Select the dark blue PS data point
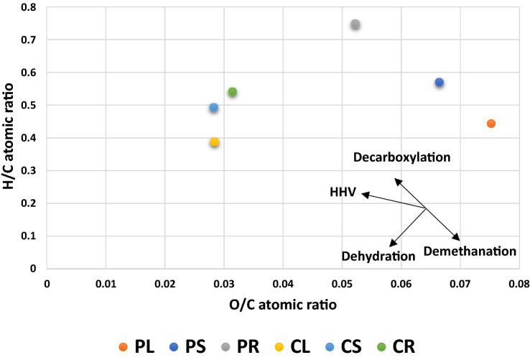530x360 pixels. [x=439, y=83]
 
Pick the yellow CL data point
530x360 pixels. [x=214, y=142]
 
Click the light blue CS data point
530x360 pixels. [x=213, y=108]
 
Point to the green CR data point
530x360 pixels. [x=232, y=92]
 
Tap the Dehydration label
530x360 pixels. [x=378, y=256]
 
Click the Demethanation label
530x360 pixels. [x=469, y=251]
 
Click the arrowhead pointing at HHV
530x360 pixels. [x=363, y=193]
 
